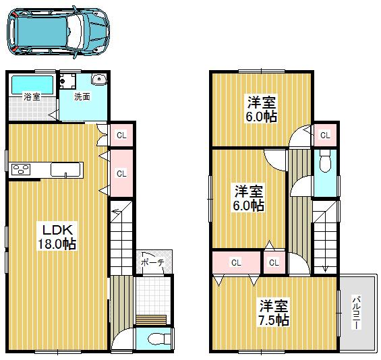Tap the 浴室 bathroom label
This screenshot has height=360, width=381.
click(x=31, y=96)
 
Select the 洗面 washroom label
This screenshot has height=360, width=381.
click(x=82, y=96)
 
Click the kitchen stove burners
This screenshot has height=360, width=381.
click(x=20, y=169)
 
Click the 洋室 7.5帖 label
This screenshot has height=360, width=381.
click(x=274, y=312)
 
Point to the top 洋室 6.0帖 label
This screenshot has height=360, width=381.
click(x=260, y=109)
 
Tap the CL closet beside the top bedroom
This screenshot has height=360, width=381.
click(x=325, y=136)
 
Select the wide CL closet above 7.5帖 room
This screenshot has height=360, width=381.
click(x=235, y=262)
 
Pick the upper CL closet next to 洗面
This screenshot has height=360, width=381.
click(x=121, y=135)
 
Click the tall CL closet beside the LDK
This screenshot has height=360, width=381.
click(x=121, y=173)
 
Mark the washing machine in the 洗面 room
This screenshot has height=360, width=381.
click(x=67, y=82)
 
